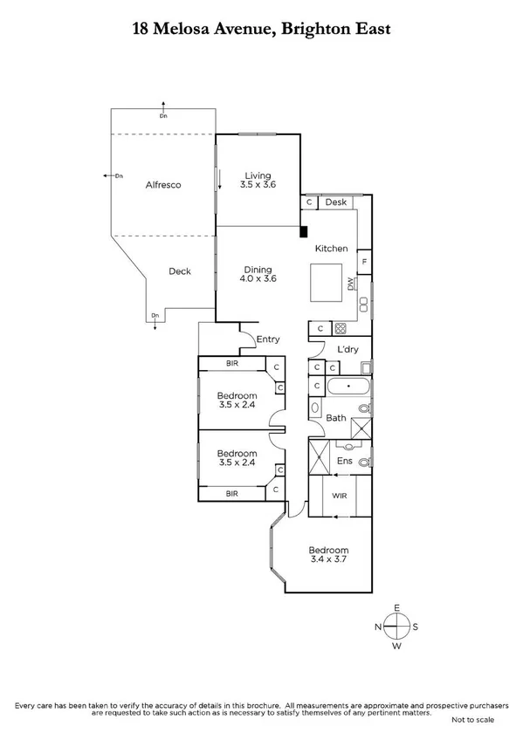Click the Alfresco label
pyautogui.click(x=163, y=185)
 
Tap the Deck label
pyautogui.click(x=180, y=271)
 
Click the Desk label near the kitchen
pyautogui.click(x=336, y=202)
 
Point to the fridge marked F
pyautogui.click(x=364, y=261)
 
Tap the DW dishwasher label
pyautogui.click(x=351, y=284)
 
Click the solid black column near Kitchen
pyautogui.click(x=303, y=231)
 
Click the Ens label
pyautogui.click(x=343, y=461)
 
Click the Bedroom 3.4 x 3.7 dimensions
pyautogui.click(x=328, y=561)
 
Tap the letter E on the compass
pyautogui.click(x=396, y=607)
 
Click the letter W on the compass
pyautogui.click(x=396, y=647)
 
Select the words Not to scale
pyautogui.click(x=472, y=720)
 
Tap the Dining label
pyautogui.click(x=258, y=270)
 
